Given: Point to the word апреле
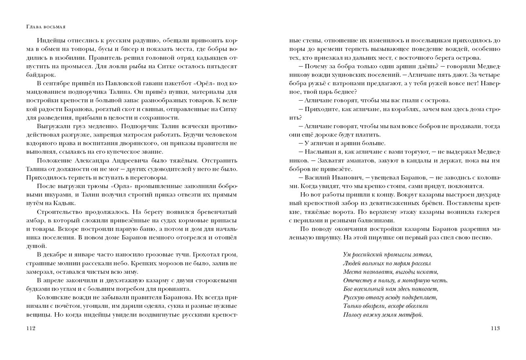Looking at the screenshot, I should pyautogui.click(x=58, y=280).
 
